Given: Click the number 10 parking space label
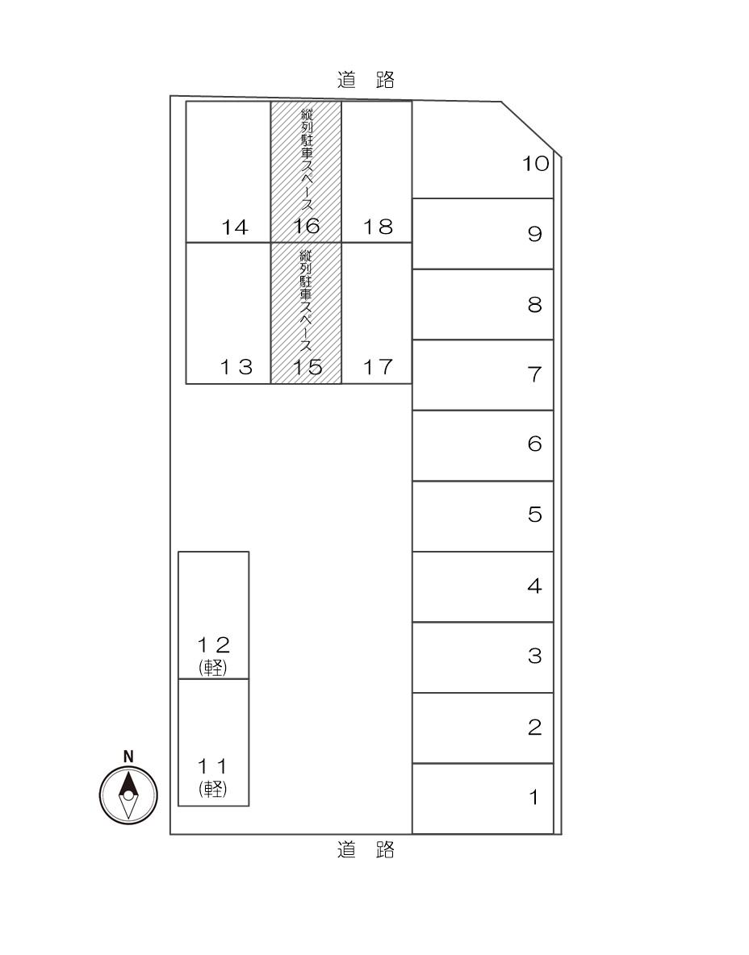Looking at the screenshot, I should point(535,164).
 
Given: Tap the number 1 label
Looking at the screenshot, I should point(534,798).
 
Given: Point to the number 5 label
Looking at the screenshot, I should point(534,515).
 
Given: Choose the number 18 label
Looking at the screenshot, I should point(377,227).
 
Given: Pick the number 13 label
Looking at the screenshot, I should point(236,368).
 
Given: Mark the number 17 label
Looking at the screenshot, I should point(377,368).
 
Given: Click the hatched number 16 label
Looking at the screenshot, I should point(306,227).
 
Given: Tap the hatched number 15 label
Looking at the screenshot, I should point(306,368).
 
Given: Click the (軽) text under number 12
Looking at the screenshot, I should point(213,667).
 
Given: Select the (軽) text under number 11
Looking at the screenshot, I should point(213,789).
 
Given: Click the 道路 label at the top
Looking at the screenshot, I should point(366,80).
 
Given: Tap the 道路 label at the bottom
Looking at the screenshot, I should point(366,849).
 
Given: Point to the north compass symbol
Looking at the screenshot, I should point(128,794).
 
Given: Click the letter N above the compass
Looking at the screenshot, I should point(128,756).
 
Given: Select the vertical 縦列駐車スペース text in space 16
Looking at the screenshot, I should point(307,161).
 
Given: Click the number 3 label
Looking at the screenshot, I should point(534,656).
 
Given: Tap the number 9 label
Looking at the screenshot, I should point(534,234).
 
